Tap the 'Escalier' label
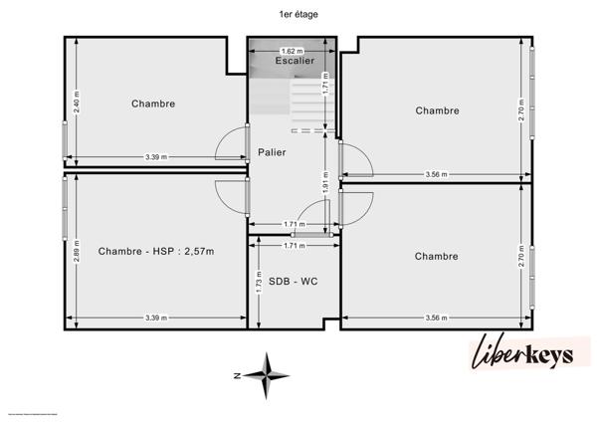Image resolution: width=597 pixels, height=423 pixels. [x=295, y=61]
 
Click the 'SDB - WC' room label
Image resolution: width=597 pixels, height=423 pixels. [x=293, y=282]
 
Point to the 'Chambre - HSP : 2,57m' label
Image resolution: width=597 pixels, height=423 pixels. [x=156, y=252]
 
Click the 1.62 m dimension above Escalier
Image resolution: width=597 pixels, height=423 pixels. [x=294, y=51]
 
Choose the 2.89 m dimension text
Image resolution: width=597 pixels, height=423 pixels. [x=76, y=251]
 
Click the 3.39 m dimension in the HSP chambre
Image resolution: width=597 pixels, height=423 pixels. [x=156, y=317]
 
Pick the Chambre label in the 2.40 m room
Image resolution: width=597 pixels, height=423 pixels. [x=153, y=104]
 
